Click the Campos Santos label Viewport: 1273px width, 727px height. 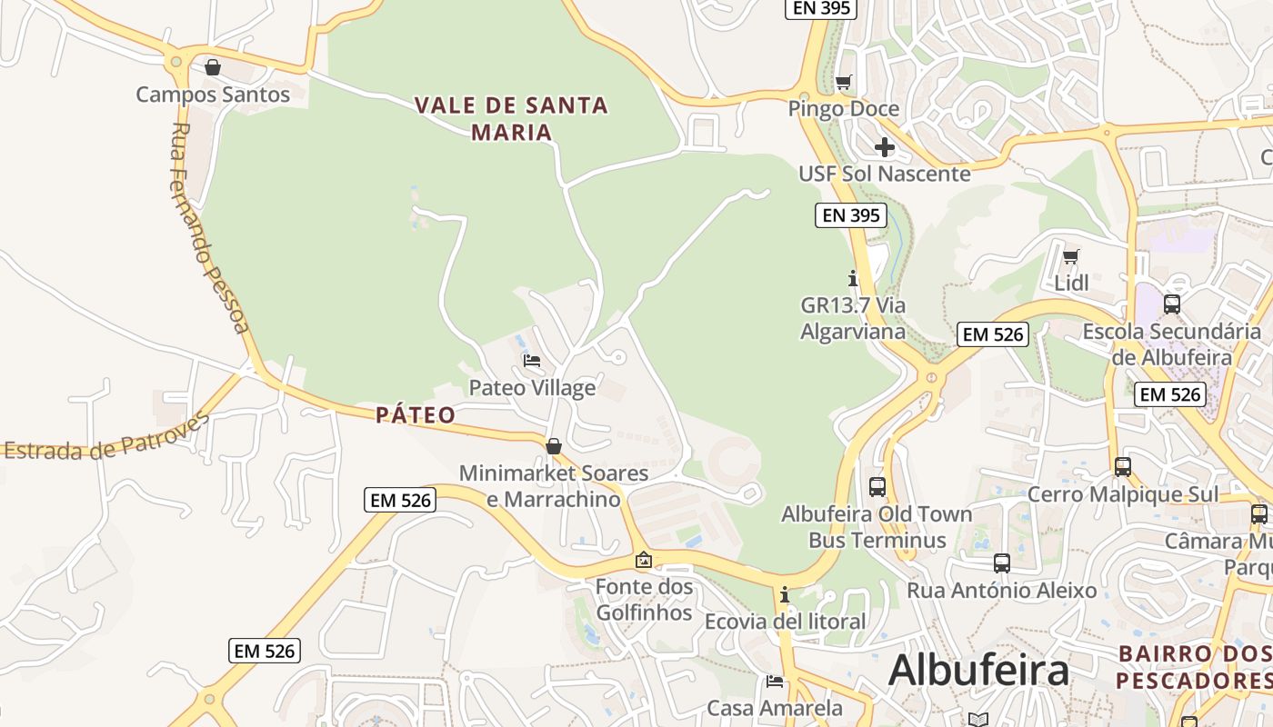[x=213, y=94]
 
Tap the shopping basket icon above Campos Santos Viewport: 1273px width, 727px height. [x=213, y=67]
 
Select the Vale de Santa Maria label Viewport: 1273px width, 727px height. [x=511, y=118]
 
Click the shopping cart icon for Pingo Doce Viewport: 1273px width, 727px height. [x=844, y=83]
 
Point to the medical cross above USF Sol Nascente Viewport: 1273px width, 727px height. [x=885, y=147]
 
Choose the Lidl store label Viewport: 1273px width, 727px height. [x=1071, y=283]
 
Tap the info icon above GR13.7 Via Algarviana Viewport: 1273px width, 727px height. [x=853, y=278]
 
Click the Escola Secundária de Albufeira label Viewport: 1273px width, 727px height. [x=1171, y=344]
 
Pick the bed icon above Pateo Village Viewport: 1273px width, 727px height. [x=532, y=362]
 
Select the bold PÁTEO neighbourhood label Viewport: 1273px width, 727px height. [x=416, y=415]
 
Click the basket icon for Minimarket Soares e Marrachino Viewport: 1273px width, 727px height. [x=553, y=446]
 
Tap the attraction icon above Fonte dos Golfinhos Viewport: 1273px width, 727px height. [x=644, y=561]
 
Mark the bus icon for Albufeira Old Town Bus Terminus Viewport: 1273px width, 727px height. [x=877, y=487]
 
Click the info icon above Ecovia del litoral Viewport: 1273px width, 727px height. [x=785, y=595]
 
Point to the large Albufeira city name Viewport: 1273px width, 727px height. [x=978, y=671]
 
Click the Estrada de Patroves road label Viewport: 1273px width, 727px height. [x=107, y=438]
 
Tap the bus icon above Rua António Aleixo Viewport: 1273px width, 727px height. [x=1002, y=563]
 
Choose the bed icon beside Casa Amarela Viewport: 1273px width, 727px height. [x=775, y=681]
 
